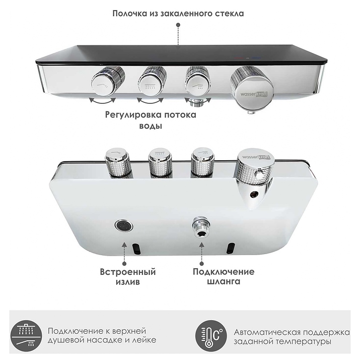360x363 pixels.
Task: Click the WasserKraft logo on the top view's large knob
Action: pyautogui.click(x=254, y=94)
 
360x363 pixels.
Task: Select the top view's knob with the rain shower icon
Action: pyautogui.click(x=153, y=82)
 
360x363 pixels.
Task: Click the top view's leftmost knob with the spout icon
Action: pyautogui.click(x=108, y=82)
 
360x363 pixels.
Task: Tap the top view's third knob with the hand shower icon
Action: pyautogui.click(x=198, y=81)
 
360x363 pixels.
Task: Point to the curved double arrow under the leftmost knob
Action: pyautogui.click(x=103, y=101)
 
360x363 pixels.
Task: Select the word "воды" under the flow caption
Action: pyautogui.click(x=151, y=126)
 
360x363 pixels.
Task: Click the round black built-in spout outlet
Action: pyautogui.click(x=124, y=225)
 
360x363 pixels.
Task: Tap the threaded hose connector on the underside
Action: pyautogui.click(x=201, y=227)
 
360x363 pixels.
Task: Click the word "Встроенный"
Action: pyautogui.click(x=128, y=272)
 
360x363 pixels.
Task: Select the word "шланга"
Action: pyautogui.click(x=224, y=282)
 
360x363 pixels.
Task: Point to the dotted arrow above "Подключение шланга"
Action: pyautogui.click(x=201, y=254)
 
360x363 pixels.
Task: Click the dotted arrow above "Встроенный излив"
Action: pyautogui.click(x=124, y=254)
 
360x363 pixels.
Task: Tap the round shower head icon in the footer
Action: pyautogui.click(x=26, y=335)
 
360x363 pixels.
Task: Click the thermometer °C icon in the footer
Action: pyautogui.click(x=211, y=335)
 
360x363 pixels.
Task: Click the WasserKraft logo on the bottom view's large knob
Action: pyautogui.click(x=256, y=157)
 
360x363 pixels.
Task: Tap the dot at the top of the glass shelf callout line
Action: pyautogui.click(x=178, y=25)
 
